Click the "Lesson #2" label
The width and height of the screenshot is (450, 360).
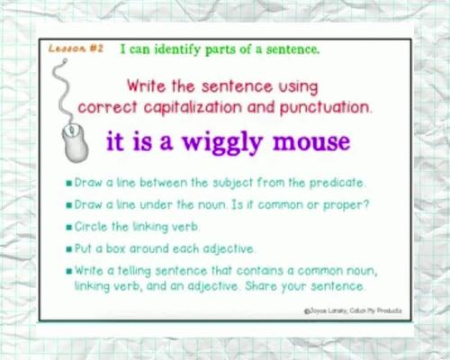pyautogui.click(x=76, y=50)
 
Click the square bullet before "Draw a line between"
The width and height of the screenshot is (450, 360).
pyautogui.click(x=68, y=183)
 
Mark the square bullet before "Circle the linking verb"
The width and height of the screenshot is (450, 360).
pyautogui.click(x=68, y=226)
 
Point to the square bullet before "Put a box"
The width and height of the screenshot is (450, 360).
pyautogui.click(x=68, y=247)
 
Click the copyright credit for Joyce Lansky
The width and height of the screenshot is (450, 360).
pyautogui.click(x=353, y=310)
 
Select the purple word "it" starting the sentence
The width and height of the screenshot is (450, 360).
pyautogui.click(x=119, y=142)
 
